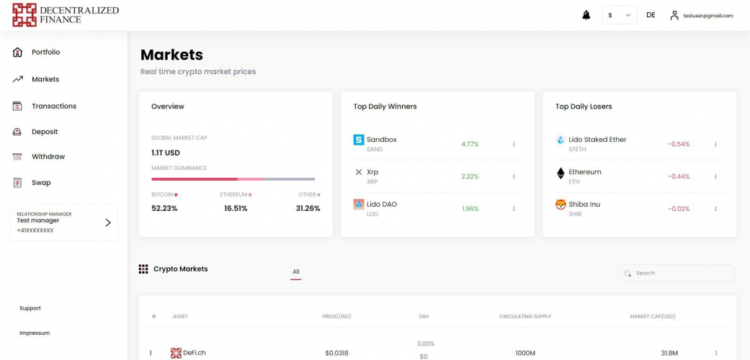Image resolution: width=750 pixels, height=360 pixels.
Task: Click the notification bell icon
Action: coord(586,15)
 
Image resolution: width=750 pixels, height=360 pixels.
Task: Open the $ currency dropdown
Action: coord(619,15)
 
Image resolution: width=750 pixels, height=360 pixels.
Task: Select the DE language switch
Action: coord(651,15)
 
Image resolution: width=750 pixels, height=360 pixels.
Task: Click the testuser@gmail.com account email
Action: coord(707,15)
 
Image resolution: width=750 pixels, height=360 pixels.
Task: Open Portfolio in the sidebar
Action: coord(45,52)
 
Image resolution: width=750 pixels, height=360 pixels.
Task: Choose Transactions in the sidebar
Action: coord(53,106)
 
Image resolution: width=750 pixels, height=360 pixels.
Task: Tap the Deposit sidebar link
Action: coord(44,132)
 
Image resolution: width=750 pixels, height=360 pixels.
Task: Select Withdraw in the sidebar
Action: coord(48,156)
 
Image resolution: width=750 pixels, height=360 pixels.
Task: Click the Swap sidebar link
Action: coord(41,182)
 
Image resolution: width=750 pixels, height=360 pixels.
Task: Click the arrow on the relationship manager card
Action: coord(108,222)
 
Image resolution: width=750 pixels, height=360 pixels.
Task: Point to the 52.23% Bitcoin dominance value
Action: coord(164,208)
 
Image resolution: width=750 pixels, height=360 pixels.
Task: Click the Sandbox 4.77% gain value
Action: coord(470,144)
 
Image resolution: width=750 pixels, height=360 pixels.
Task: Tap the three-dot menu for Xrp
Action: coord(514,176)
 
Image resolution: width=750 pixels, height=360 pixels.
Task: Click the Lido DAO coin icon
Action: coord(359,204)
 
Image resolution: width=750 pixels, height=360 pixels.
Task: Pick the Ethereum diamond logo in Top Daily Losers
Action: coord(561,173)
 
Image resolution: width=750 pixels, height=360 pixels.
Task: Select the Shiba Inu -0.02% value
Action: coord(678,209)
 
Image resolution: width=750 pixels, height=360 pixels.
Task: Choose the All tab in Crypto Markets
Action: coord(295,271)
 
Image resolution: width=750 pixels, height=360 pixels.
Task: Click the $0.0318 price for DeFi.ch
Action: coord(336,353)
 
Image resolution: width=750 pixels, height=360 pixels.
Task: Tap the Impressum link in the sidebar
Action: coord(35,333)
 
